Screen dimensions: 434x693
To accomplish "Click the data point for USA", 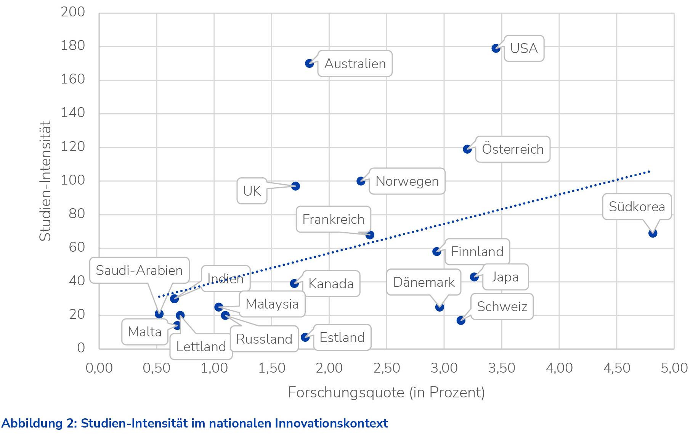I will pos(496,48).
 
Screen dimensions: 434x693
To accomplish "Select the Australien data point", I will pos(309,64).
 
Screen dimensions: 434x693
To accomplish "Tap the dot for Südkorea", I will pos(653,233).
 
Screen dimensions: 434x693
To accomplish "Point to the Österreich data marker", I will pos(467,149).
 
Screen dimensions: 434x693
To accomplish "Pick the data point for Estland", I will pos(305,337).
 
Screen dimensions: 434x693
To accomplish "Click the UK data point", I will pos(295,186).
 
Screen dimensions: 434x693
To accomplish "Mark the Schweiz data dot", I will pos(461,320).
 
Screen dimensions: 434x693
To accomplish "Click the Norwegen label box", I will pos(407,181).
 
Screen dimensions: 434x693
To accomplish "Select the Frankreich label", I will pos(333,219).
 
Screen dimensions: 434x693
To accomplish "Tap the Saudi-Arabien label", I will pos(139,270).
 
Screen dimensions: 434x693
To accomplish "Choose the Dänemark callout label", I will pos(423,282).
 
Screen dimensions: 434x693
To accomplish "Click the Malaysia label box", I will pos(272,304).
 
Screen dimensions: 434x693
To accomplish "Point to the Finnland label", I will pos(477,252).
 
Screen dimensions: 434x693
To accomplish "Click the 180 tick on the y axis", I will pos(73,46).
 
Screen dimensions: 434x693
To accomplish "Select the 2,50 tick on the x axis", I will pos(387,368).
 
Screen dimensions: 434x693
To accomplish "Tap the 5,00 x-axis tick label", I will pos(674,368).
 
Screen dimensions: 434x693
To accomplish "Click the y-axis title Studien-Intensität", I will pos(45,181).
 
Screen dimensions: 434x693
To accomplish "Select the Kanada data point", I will pos(294,283).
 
